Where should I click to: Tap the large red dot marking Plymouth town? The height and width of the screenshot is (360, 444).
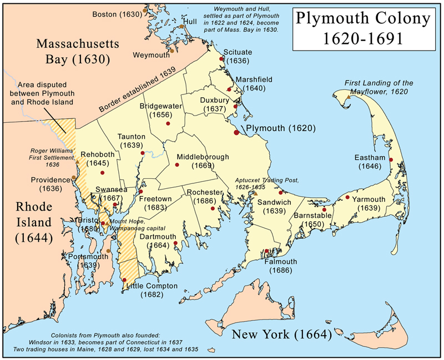coord(238,132)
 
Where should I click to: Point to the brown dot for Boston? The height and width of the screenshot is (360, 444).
coord(145,11)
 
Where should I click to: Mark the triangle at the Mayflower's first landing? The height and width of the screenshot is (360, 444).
coord(348,98)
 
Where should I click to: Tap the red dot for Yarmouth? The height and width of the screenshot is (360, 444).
coord(347,197)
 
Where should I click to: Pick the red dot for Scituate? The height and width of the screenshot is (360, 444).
coord(221,59)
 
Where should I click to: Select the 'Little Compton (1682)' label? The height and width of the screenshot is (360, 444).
coord(152,290)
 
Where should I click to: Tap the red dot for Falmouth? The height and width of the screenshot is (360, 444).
coord(267,251)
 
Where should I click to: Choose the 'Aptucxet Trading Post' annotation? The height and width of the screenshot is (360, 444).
coord(268,183)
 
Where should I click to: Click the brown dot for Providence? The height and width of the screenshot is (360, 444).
coord(73,178)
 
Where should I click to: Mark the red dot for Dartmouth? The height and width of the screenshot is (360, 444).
coord(175,243)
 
